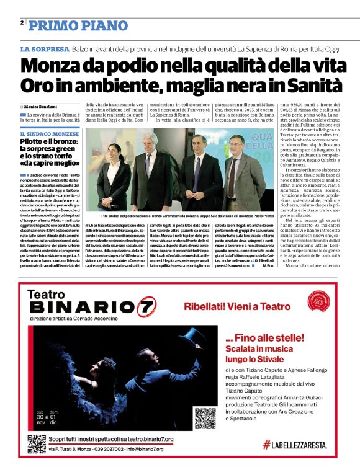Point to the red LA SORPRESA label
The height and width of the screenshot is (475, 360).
(x=44, y=49)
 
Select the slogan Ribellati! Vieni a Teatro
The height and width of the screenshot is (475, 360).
(x=236, y=306)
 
